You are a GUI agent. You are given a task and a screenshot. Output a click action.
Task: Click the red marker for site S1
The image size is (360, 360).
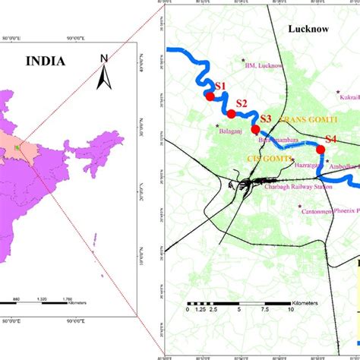coord(210,96)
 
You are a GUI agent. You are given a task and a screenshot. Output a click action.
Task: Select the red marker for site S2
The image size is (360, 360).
coord(231,114)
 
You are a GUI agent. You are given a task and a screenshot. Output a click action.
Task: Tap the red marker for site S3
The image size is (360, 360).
coord(255,130)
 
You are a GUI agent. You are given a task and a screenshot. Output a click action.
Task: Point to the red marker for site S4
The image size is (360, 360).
coord(320,150)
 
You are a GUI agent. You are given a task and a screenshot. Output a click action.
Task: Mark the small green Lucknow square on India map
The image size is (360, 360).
coord(15,147)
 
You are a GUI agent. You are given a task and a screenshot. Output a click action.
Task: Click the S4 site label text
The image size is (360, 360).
coord(331,139)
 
